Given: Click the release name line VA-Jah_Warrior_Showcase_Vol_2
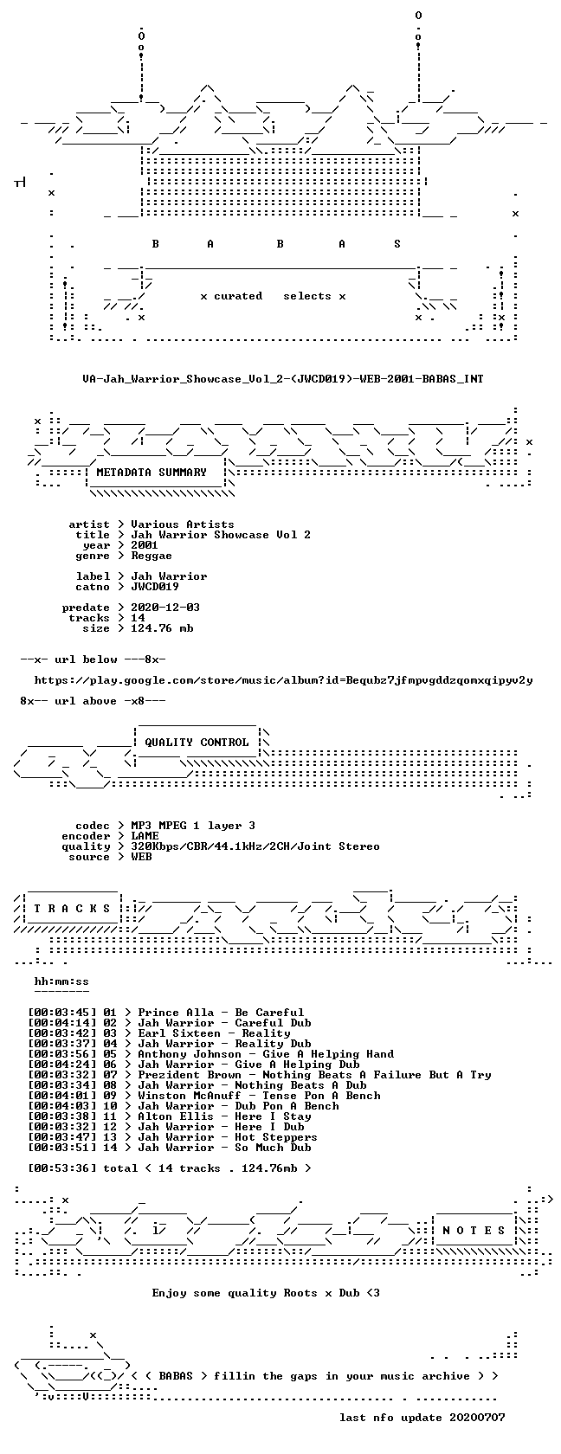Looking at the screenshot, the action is point(282,378).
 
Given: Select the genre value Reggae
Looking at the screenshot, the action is point(152,556).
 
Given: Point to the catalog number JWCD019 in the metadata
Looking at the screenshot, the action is point(154,587).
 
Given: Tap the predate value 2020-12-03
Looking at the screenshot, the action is point(164,608).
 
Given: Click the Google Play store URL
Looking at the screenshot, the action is point(283,680).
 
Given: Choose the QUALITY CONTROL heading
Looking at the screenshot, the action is point(197,742).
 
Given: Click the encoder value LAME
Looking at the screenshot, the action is point(145,836).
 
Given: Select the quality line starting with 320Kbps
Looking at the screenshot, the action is point(255,846).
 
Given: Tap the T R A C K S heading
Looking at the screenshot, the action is point(72,908).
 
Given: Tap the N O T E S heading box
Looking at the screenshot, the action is point(474,1230).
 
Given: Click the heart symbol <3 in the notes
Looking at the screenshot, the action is point(372,1293).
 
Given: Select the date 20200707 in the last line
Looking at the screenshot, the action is point(477,1418).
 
